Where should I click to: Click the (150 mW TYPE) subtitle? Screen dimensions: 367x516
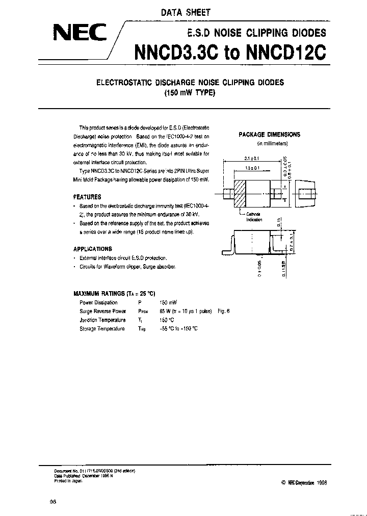190,93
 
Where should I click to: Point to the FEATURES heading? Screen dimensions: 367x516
87,197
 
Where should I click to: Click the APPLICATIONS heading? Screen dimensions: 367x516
93,249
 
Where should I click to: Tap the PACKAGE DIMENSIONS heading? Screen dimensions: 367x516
270,135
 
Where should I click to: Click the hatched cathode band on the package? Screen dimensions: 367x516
241,193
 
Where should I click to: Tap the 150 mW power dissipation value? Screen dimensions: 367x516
169,303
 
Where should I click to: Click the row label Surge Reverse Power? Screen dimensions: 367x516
102,311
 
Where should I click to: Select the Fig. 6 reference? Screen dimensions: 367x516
224,311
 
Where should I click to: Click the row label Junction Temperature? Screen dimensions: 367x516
102,320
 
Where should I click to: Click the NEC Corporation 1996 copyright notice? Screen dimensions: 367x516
304,481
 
